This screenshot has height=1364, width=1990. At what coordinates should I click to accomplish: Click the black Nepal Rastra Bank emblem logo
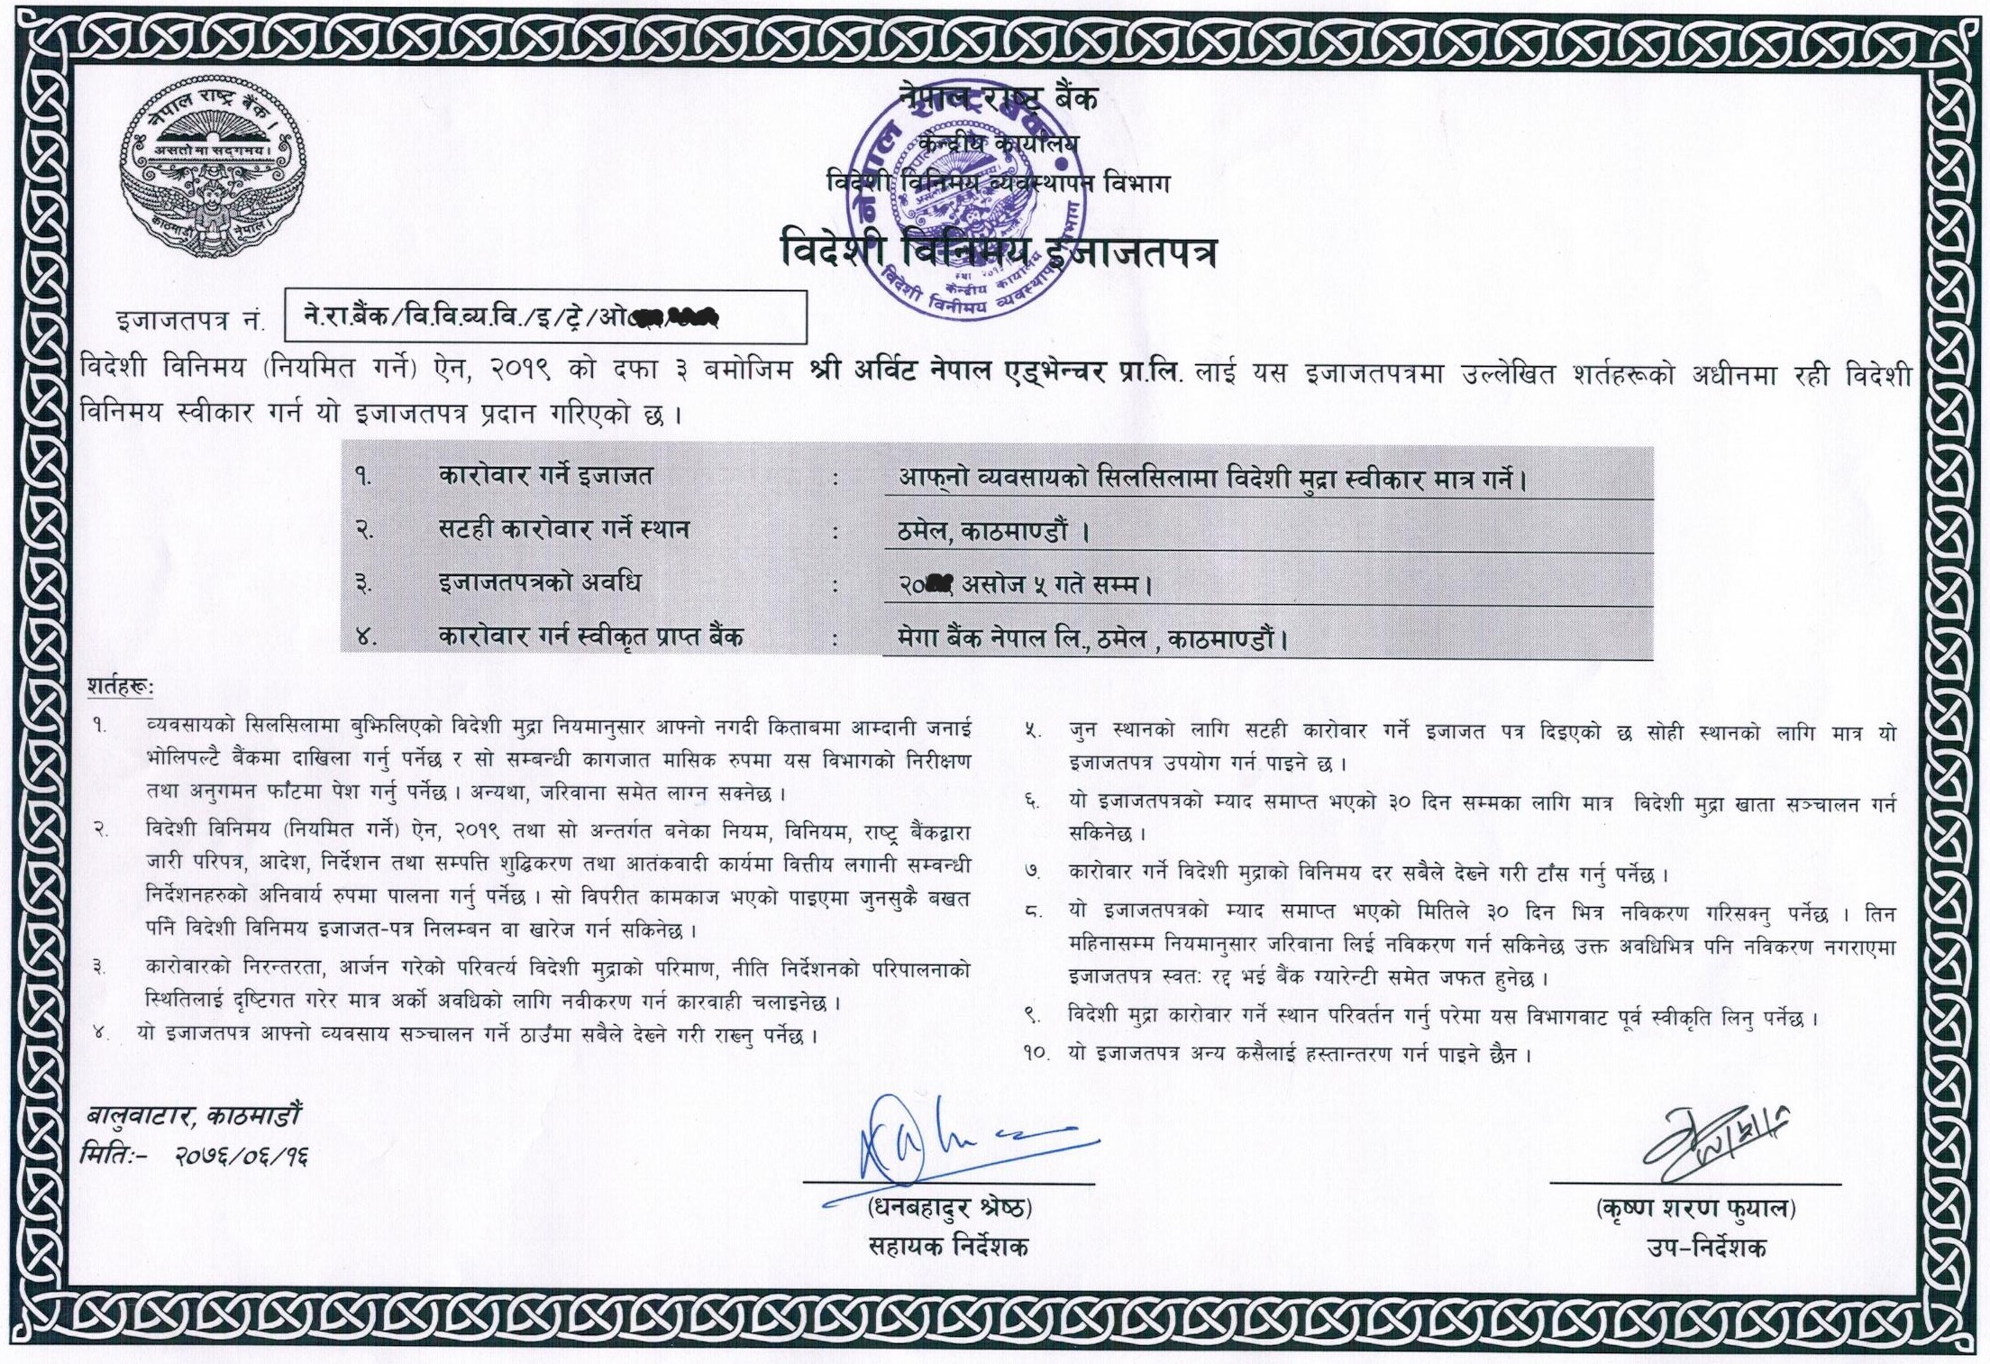click(x=213, y=171)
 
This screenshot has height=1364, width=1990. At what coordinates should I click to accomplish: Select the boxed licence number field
click(x=545, y=317)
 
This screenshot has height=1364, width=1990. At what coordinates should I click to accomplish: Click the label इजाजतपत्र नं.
click(x=190, y=320)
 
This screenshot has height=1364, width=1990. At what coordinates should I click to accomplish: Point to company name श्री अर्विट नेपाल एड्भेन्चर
click(x=958, y=372)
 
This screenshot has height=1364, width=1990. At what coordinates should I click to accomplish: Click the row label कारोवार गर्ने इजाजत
click(x=545, y=475)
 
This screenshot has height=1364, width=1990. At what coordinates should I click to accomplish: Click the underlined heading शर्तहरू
click(x=120, y=688)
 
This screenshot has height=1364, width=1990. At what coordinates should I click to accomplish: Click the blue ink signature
click(x=955, y=1140)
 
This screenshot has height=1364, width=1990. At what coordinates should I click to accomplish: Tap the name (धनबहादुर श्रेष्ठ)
click(x=948, y=1208)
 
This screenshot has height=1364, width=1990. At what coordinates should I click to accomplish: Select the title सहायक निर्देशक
click(x=948, y=1248)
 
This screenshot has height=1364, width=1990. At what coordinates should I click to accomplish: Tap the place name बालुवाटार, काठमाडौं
click(x=194, y=1117)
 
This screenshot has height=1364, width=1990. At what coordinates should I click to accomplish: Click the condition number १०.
click(x=1036, y=1053)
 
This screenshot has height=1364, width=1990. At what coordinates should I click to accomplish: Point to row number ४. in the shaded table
click(x=365, y=637)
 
